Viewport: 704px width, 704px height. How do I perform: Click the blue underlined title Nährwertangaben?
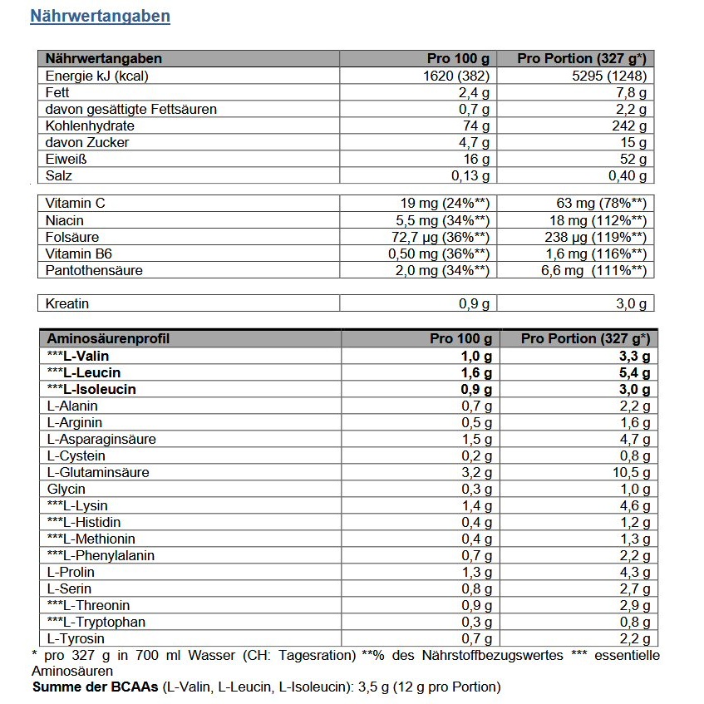click(x=100, y=17)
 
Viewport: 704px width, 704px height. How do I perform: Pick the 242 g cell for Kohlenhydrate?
click(x=629, y=126)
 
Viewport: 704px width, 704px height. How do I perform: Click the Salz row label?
click(x=59, y=175)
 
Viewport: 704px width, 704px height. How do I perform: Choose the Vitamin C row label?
click(x=76, y=204)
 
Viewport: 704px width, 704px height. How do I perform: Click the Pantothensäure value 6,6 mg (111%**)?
click(x=593, y=270)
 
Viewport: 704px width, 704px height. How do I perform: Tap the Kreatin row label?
click(x=67, y=304)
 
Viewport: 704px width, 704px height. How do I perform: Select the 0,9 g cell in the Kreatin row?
click(x=475, y=304)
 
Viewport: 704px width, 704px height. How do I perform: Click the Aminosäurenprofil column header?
click(x=108, y=339)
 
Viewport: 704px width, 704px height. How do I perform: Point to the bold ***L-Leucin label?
click(x=84, y=372)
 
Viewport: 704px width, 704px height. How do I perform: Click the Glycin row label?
click(x=66, y=489)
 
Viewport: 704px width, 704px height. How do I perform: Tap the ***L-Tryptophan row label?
click(x=96, y=622)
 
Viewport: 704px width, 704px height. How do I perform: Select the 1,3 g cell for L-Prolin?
click(x=476, y=572)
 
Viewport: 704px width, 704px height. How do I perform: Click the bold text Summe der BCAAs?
click(x=96, y=687)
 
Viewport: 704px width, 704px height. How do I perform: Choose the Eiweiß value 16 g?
click(x=476, y=159)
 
